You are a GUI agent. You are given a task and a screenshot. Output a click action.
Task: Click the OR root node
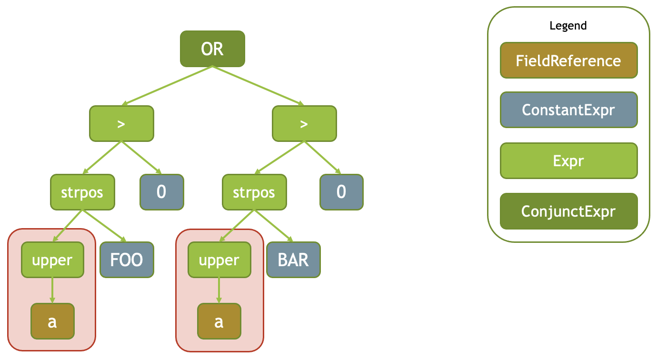click(212, 49)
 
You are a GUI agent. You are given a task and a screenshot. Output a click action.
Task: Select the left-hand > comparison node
click(121, 124)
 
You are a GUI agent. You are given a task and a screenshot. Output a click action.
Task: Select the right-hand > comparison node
click(304, 124)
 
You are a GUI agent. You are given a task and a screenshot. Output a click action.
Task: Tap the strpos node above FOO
click(82, 192)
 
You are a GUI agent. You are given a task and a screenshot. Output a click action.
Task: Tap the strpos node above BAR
click(254, 192)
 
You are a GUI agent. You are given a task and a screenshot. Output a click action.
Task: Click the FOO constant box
click(127, 260)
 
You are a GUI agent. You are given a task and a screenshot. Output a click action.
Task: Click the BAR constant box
click(293, 260)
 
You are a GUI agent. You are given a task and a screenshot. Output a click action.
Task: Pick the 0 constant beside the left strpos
click(161, 192)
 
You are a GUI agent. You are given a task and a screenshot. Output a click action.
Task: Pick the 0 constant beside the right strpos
click(341, 192)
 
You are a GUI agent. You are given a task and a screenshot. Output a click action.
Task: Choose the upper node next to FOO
click(52, 260)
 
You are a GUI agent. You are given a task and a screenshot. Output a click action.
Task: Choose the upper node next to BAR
click(219, 260)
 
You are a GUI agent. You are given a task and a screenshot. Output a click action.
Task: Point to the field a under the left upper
click(52, 321)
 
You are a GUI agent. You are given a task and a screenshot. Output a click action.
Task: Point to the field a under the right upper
click(219, 321)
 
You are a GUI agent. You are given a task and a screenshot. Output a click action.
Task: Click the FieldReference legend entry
click(568, 60)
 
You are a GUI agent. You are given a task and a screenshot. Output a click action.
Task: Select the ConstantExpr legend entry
click(568, 110)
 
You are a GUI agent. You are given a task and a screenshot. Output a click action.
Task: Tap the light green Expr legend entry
click(568, 161)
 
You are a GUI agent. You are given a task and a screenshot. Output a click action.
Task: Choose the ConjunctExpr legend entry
click(568, 211)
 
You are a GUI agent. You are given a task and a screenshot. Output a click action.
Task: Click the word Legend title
click(568, 26)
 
